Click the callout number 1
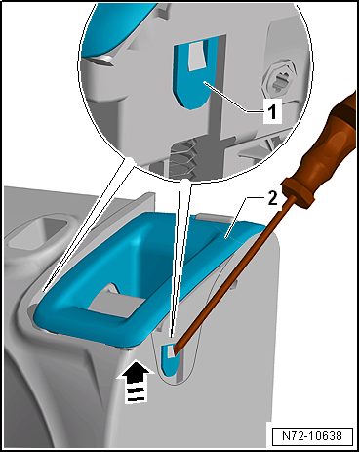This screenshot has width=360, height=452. click(272, 110)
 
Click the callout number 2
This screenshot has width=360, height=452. click(272, 198)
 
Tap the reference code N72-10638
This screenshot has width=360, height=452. click(312, 436)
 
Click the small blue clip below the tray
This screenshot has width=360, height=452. click(170, 358)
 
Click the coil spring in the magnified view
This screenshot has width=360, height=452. click(182, 158)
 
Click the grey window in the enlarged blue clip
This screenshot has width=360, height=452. click(198, 56)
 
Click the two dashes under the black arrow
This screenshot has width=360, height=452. click(136, 393)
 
